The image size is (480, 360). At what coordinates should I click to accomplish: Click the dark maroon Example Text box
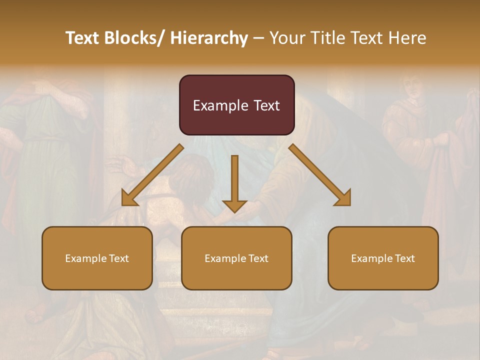pos(236,105)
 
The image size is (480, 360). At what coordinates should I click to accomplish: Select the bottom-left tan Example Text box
pos(97,258)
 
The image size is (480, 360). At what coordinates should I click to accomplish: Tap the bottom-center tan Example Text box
pos(236,258)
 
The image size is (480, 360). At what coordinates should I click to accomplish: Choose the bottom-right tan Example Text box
pos(383,258)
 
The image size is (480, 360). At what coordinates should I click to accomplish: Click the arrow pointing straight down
pos(234,182)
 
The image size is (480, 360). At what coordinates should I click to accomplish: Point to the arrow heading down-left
pos(152,175)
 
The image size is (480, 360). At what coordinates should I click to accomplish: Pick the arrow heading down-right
pos(320,175)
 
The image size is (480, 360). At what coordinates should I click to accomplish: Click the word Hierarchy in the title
pos(209,38)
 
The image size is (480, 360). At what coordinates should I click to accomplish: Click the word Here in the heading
pos(408,38)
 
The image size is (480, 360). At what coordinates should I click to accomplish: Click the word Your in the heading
pos(286,38)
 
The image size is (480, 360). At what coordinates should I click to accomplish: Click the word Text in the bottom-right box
pos(404,258)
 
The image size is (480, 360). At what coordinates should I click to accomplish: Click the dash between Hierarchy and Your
pos(258,38)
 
